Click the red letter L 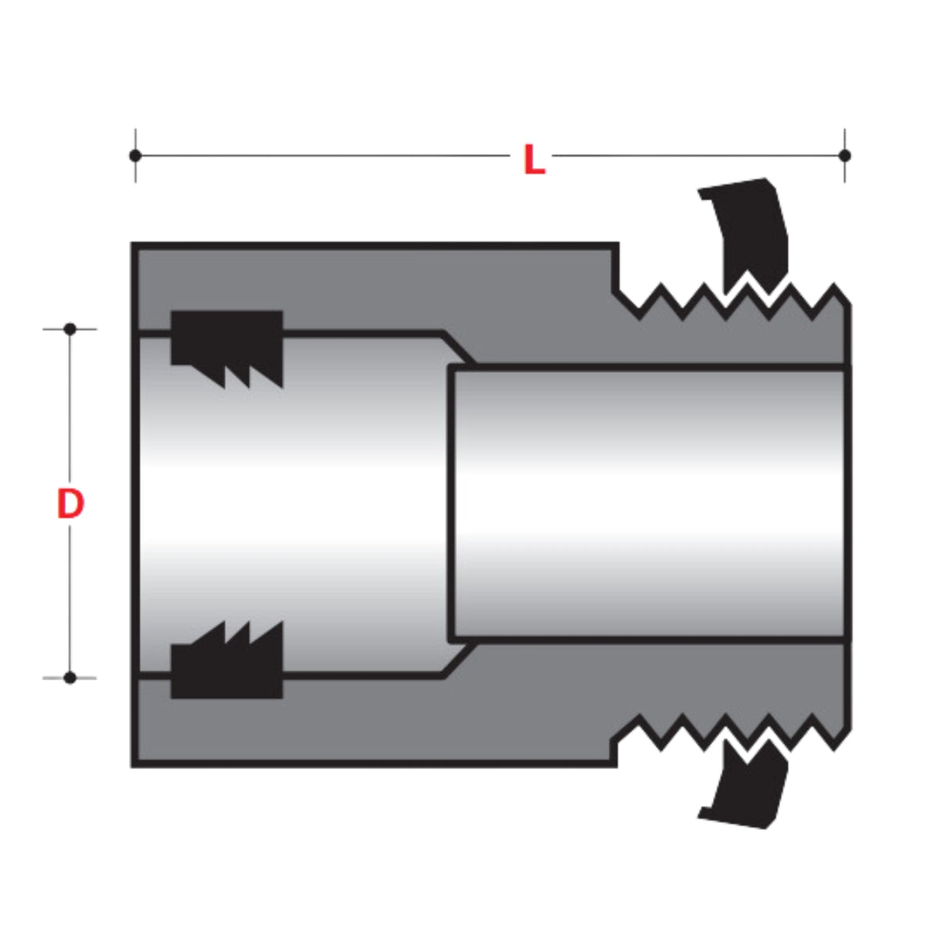click(533, 160)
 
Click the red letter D click(70, 504)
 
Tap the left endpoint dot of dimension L click(135, 156)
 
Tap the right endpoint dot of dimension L click(844, 156)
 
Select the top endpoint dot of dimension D click(70, 329)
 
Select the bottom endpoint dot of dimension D click(70, 677)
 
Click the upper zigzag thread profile click(727, 301)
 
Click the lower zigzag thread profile click(727, 732)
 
